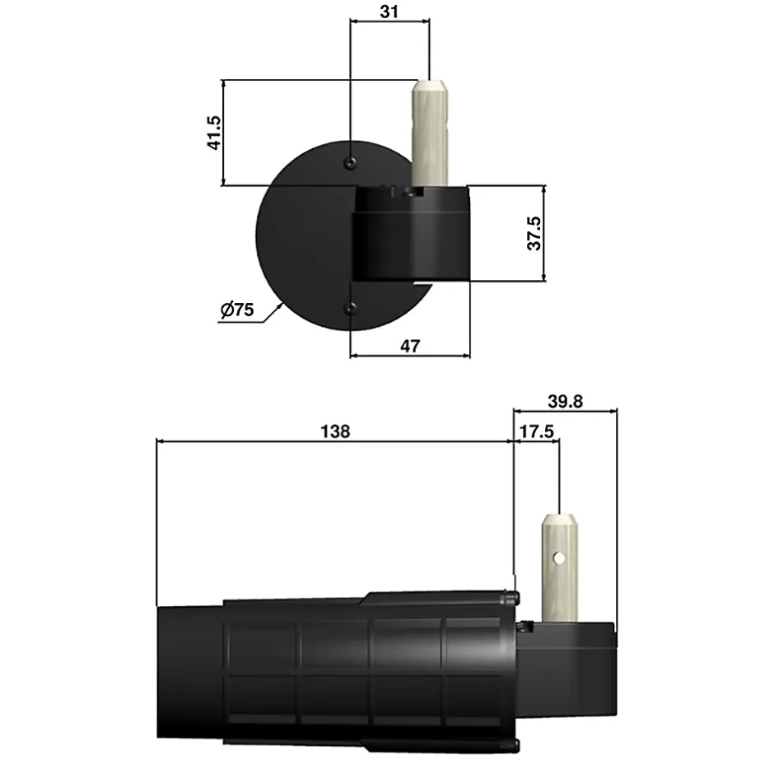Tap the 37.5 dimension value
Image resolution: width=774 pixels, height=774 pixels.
click(x=535, y=233)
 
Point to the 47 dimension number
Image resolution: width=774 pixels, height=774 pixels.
click(x=409, y=346)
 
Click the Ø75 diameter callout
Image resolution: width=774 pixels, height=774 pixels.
click(x=237, y=310)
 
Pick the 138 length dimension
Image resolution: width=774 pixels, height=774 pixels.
click(x=336, y=431)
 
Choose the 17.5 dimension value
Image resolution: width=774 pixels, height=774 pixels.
click(x=536, y=431)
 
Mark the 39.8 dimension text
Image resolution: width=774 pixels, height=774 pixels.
click(x=565, y=401)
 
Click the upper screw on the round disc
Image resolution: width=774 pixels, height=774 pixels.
click(x=351, y=162)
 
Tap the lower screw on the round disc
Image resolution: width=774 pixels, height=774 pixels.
click(x=351, y=309)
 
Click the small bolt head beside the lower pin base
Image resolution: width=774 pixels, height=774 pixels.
click(x=524, y=627)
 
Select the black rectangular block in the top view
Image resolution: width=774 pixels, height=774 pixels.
click(x=412, y=235)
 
